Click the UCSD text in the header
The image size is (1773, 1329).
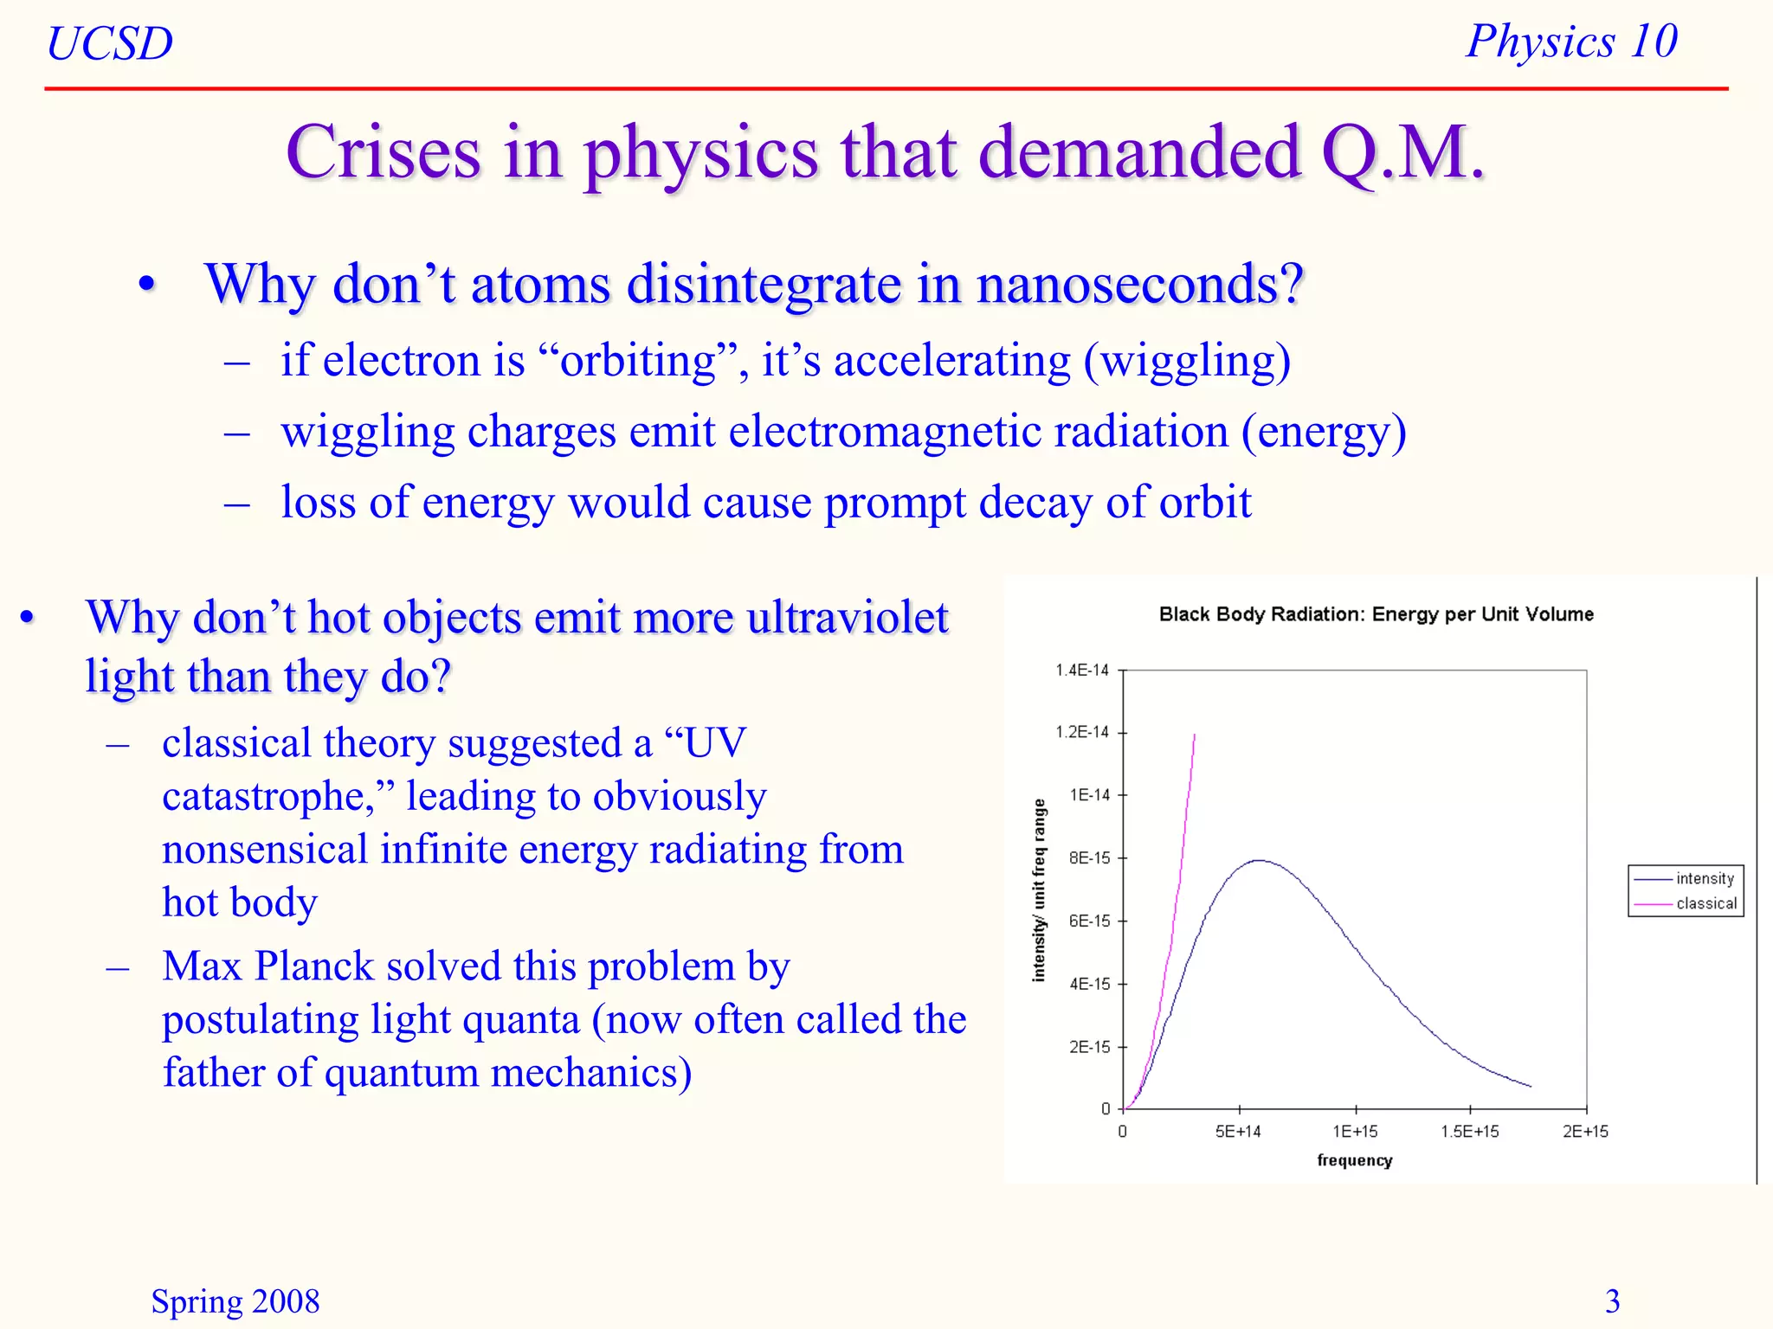(x=110, y=43)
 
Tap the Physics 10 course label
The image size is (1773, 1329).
(x=1571, y=42)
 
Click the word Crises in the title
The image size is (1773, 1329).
(x=384, y=152)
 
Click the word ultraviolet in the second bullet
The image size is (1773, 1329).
(x=848, y=618)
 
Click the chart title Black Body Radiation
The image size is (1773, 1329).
(x=1376, y=614)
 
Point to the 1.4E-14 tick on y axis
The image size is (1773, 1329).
(x=1081, y=670)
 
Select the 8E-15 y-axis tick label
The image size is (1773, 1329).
(x=1088, y=858)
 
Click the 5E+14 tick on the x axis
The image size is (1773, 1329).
(x=1237, y=1132)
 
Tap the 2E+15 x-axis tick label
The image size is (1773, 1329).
(x=1584, y=1132)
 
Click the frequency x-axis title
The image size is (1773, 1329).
(x=1354, y=1161)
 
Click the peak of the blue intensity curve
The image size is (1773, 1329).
(x=1260, y=860)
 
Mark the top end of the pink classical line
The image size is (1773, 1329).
(x=1195, y=735)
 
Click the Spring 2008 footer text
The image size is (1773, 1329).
(x=235, y=1301)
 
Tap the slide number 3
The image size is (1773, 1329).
(x=1612, y=1301)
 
